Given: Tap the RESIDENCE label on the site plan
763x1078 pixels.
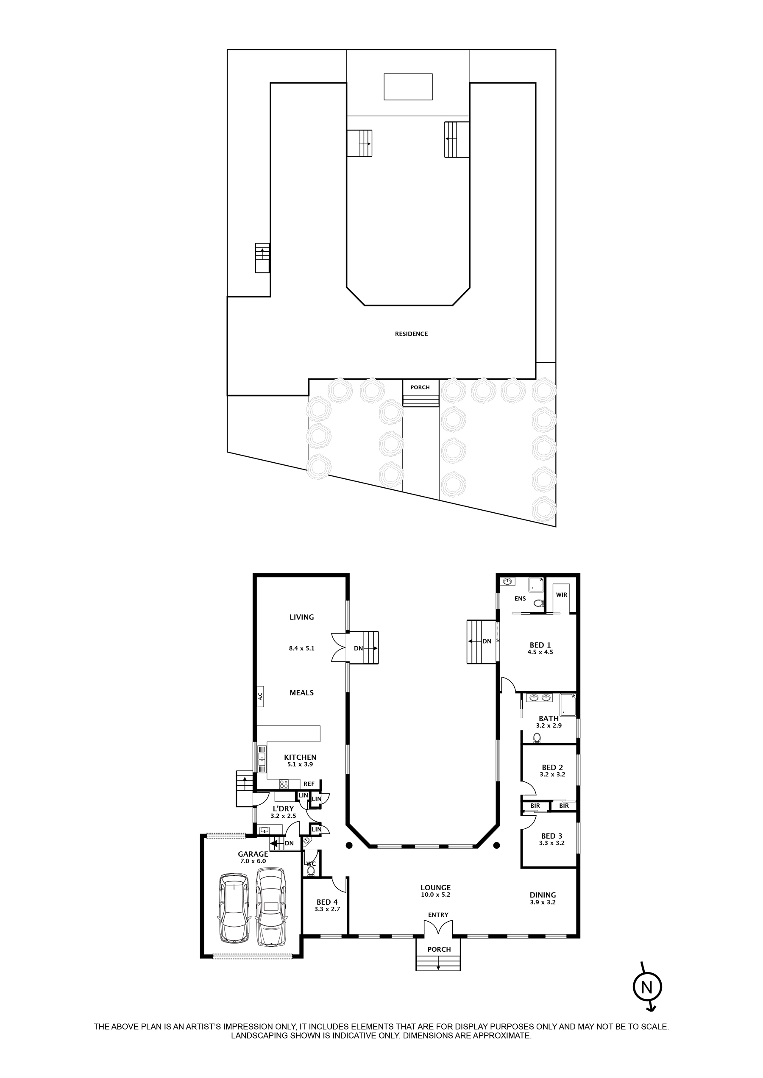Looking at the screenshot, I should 411,334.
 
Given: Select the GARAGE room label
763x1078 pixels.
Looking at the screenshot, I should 253,854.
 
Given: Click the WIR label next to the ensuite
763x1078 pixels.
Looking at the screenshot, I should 562,595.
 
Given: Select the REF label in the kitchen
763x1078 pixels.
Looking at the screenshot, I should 309,784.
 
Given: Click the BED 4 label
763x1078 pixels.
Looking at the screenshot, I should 327,902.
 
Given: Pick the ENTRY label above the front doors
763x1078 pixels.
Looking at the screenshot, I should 438,914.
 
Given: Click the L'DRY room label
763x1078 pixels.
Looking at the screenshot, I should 283,808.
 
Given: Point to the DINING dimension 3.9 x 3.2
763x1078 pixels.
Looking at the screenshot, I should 543,902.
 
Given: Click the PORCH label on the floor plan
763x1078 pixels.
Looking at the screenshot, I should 439,949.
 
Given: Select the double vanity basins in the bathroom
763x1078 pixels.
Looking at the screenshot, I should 540,697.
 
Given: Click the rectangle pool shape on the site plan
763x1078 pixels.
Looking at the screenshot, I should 408,86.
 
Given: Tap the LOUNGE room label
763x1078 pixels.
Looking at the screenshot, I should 435,887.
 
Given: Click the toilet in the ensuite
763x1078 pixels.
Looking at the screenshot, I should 538,603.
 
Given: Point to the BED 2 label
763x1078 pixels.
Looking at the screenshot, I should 552,767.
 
